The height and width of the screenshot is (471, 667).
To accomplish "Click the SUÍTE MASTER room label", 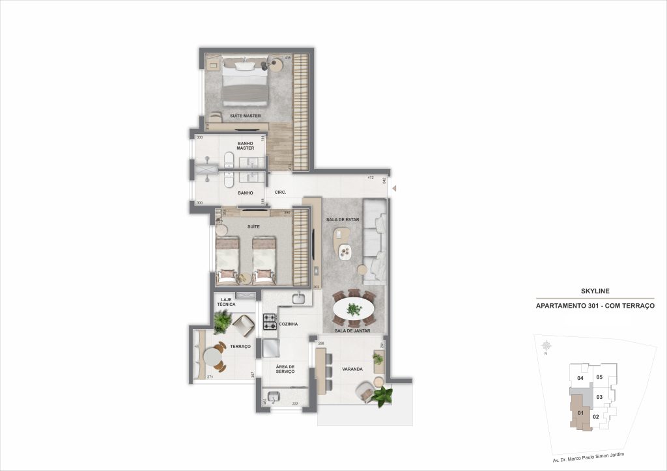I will tap(245, 116).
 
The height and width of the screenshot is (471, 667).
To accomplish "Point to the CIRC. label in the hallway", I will tap(281, 193).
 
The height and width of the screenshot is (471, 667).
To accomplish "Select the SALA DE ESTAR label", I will tap(343, 220).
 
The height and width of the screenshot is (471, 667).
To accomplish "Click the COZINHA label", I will tap(288, 323).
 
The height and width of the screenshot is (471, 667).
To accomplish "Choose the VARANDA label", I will tap(352, 369).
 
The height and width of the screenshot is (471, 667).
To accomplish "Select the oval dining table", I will tap(354, 308).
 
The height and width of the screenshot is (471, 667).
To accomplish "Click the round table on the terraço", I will tap(214, 358).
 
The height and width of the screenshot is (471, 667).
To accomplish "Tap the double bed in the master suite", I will tap(246, 83).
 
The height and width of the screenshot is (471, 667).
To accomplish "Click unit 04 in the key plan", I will tap(580, 378).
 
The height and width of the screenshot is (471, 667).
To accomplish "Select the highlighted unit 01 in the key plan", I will tap(578, 412).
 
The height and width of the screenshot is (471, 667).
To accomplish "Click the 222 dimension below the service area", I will tap(295, 404).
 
